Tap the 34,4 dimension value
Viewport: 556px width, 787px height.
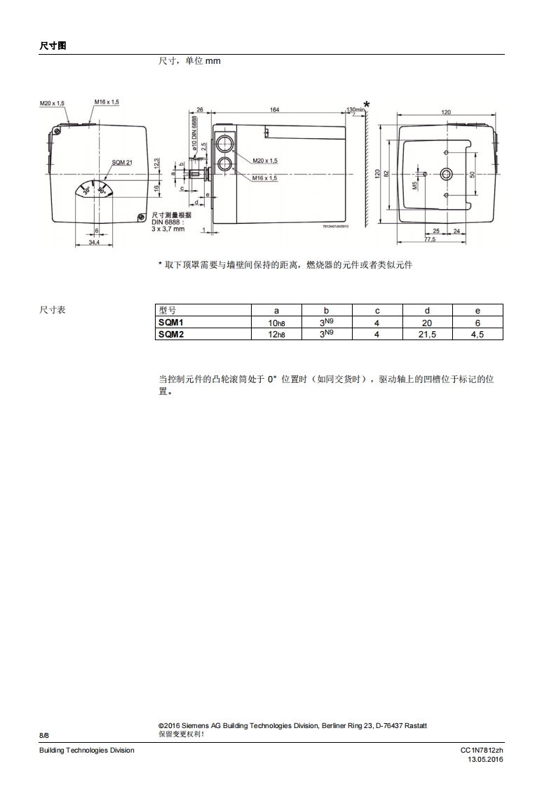[94, 242]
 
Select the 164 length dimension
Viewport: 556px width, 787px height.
[274, 109]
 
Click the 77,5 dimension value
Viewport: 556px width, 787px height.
[430, 239]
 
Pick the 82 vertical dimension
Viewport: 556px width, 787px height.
[386, 173]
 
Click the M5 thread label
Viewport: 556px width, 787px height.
[414, 186]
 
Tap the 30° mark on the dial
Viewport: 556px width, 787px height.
[87, 191]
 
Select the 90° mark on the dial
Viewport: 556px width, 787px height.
[102, 189]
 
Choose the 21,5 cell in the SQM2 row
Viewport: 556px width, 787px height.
[427, 335]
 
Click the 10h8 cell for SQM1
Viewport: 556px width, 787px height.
[276, 323]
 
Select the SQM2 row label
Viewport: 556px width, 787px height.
[170, 335]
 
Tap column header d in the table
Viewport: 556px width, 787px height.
[427, 310]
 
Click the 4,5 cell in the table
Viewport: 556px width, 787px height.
[477, 335]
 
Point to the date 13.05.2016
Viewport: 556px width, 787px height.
[486, 760]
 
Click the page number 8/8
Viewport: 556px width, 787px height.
[44, 734]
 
